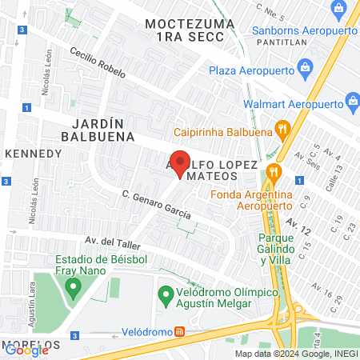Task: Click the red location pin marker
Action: (x=180, y=162)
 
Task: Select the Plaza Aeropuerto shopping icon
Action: (x=304, y=70)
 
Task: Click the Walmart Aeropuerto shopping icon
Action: (x=353, y=102)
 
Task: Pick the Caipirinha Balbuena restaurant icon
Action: (x=281, y=129)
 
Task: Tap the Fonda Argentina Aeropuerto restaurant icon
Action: (x=274, y=170)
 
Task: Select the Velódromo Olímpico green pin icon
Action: (x=166, y=294)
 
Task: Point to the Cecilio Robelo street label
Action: (x=97, y=61)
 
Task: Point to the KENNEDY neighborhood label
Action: (x=34, y=153)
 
